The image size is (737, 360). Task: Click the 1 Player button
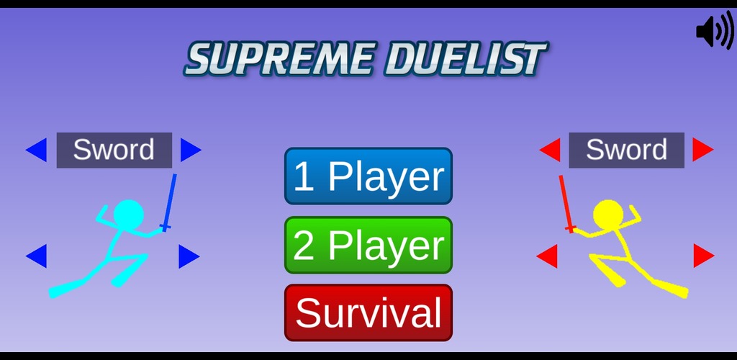click(368, 176)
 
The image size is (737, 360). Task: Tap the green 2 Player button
click(368, 245)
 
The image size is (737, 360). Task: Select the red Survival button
click(368, 312)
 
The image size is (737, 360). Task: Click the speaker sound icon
click(715, 30)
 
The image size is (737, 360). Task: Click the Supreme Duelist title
click(366, 59)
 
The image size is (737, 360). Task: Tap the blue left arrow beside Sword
click(36, 150)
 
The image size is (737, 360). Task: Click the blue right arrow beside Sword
click(191, 150)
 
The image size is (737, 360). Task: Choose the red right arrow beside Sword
click(703, 150)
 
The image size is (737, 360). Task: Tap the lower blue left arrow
click(36, 256)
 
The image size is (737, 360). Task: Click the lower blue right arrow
click(189, 256)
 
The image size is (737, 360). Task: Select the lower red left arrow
click(547, 256)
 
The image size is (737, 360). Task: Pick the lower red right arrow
click(704, 256)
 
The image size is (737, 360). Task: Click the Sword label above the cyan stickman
click(114, 150)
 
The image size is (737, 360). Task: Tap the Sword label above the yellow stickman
click(627, 150)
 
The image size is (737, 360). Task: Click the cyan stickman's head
click(128, 215)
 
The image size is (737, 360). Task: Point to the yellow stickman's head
click(608, 215)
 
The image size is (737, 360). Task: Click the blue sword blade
click(170, 199)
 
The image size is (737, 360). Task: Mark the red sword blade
click(565, 201)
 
